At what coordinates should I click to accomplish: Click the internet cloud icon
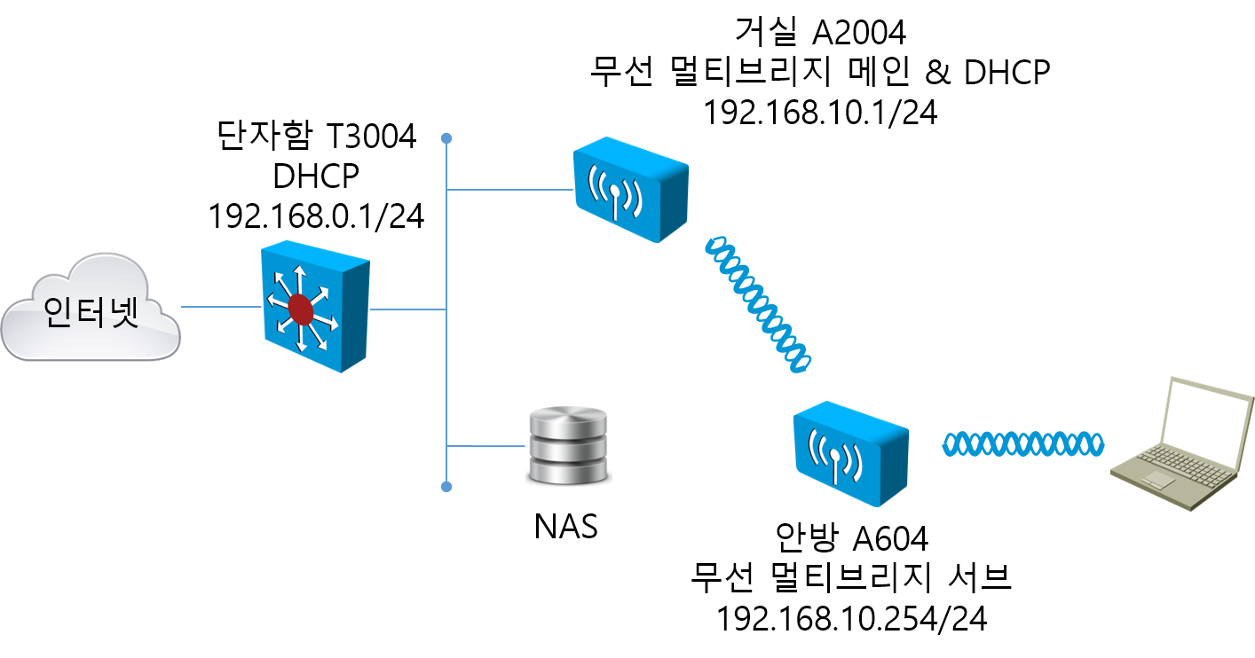[91, 307]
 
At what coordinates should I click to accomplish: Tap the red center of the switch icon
[301, 309]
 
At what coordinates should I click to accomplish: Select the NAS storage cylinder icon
[568, 446]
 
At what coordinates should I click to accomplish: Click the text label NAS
[566, 527]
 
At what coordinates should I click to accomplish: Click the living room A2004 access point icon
[631, 189]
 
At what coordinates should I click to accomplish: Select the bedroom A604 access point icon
[851, 454]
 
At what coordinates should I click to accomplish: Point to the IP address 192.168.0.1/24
[316, 216]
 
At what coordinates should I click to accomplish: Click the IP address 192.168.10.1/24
[820, 113]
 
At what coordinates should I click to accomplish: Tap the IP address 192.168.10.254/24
[852, 619]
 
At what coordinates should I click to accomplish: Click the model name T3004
[371, 136]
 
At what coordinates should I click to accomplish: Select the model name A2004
[859, 33]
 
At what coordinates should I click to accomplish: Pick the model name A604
[890, 538]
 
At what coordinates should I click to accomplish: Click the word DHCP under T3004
[316, 176]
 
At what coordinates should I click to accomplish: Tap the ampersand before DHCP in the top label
[938, 72]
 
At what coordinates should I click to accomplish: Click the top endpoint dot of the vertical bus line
[446, 138]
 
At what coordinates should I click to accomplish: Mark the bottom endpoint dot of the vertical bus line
[446, 487]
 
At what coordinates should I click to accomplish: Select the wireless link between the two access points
[757, 305]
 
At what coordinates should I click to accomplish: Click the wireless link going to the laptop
[1023, 444]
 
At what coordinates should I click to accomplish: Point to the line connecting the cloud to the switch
[221, 307]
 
